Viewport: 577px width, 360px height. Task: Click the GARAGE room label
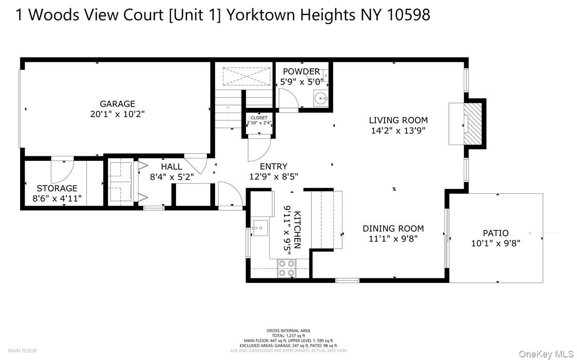pos(117,104)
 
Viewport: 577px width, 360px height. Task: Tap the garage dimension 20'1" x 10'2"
pos(117,114)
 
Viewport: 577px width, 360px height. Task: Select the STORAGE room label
pos(57,188)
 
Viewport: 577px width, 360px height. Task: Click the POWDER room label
pos(301,71)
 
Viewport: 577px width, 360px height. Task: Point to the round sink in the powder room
pos(321,98)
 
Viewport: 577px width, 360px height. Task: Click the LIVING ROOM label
pos(398,120)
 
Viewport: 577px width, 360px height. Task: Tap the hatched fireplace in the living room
pos(473,123)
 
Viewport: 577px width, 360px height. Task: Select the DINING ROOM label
pos(393,228)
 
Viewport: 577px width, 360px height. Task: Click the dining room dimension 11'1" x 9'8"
pos(393,239)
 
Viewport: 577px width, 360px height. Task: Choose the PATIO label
pos(495,233)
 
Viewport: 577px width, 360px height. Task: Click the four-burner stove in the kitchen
pos(287,268)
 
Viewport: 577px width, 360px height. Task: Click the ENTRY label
pos(273,166)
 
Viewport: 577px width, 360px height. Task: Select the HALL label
pos(171,167)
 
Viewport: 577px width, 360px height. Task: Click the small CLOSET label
pos(259,118)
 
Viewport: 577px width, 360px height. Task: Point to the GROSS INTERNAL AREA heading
pos(288,331)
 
